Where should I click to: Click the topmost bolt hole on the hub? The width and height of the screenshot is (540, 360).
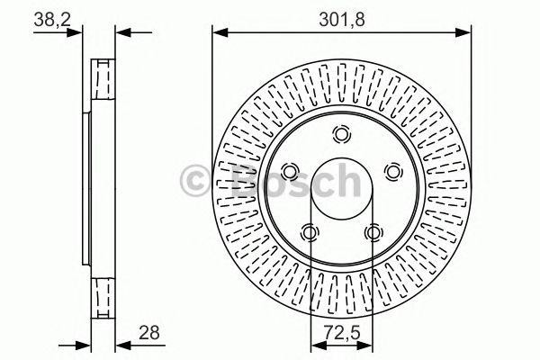(341, 135)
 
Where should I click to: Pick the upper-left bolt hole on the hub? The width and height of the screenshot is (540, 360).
(290, 171)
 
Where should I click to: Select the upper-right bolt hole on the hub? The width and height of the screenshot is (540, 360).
(392, 171)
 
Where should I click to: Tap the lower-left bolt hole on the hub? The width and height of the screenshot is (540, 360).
(310, 233)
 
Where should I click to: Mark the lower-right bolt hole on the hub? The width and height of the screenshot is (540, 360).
(373, 233)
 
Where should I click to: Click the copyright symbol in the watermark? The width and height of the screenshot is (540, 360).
(198, 181)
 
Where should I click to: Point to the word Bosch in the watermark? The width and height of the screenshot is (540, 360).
(288, 181)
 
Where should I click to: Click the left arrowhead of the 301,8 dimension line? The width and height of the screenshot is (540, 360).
(218, 33)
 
